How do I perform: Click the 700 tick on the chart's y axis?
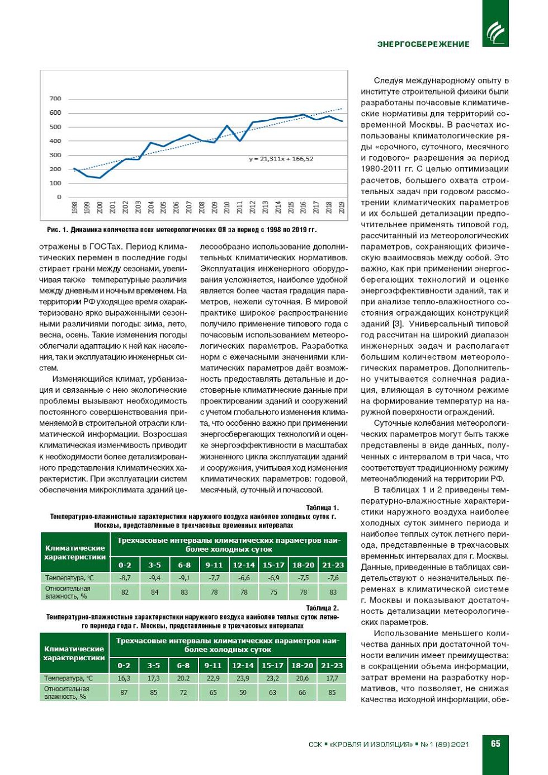click(x=55, y=98)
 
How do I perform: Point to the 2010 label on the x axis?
click(x=227, y=208)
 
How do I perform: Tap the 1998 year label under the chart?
click(x=74, y=208)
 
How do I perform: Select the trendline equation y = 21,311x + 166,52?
click(x=281, y=159)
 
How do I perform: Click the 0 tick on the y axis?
click(x=59, y=197)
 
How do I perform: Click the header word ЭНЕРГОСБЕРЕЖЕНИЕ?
click(x=423, y=44)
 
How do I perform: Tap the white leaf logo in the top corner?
click(x=495, y=32)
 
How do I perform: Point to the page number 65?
click(x=495, y=744)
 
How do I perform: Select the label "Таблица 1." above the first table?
click(x=322, y=508)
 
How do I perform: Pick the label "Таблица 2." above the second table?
click(x=322, y=608)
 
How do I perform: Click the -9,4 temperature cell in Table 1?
click(x=154, y=578)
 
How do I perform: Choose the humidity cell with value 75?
click(x=273, y=592)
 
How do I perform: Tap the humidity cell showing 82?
click(x=125, y=592)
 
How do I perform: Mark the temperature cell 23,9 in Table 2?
click(x=243, y=678)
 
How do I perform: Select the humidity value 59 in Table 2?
click(x=243, y=693)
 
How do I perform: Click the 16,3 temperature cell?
click(x=124, y=678)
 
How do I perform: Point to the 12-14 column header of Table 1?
click(x=244, y=565)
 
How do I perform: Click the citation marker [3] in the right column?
click(x=398, y=324)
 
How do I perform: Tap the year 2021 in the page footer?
click(x=460, y=744)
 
